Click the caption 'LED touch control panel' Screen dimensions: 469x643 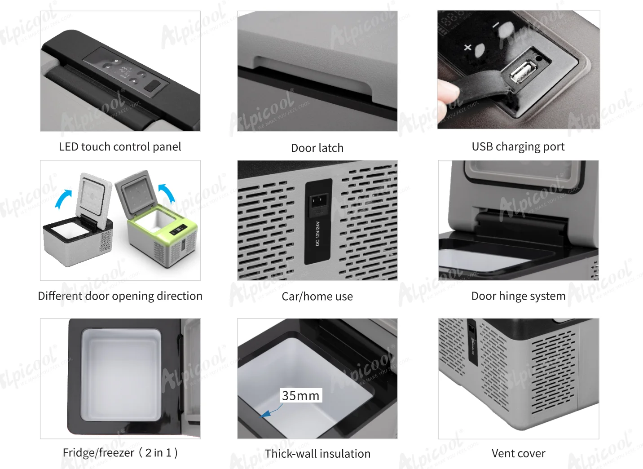point(120,147)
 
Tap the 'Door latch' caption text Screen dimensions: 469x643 point(317,148)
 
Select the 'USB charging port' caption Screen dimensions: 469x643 point(518,147)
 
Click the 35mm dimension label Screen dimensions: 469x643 point(301,395)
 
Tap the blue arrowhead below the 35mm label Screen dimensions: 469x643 point(265,414)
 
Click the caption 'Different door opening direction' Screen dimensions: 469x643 point(120,296)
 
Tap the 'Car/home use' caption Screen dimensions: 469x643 point(317,296)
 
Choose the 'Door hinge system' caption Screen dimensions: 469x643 point(518,296)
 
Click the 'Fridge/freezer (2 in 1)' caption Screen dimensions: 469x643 point(120,452)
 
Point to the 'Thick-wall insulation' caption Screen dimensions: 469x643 point(317,454)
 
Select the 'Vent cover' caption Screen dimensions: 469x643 point(518,453)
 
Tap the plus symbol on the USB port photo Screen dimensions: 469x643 point(467,47)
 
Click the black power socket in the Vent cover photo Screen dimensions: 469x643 point(472,341)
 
